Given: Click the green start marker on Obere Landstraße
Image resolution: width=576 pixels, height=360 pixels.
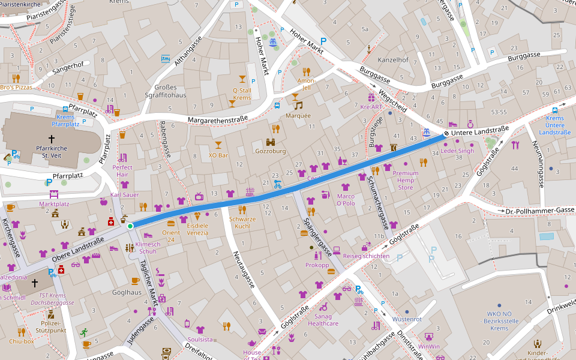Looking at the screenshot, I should tap(130, 226).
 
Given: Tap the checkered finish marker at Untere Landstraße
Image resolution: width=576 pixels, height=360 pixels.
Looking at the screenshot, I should tap(446, 133).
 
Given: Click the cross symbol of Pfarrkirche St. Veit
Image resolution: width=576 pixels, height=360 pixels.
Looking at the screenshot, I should tap(52, 139).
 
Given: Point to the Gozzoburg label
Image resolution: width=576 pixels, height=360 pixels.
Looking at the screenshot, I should tap(271, 151).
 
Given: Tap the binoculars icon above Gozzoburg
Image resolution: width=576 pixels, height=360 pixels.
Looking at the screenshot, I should tap(271, 142).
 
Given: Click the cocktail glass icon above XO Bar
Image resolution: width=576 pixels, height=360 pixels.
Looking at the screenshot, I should tap(218, 145).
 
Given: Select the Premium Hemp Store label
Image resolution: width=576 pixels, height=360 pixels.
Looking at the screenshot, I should tap(406, 180).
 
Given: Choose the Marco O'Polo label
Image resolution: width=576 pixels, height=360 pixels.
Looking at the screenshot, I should tap(346, 200).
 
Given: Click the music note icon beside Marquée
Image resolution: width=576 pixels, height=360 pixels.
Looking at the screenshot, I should tap(298, 106).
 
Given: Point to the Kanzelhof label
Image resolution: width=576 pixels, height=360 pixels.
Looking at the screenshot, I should tap(393, 60).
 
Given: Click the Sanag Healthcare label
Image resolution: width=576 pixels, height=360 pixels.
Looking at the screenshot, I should tap(323, 320).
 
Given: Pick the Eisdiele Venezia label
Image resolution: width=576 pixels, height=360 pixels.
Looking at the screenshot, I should tap(197, 229).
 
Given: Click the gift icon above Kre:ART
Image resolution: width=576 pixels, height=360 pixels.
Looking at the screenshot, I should tap(371, 97).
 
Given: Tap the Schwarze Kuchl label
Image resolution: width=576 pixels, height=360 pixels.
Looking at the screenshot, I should tap(242, 223).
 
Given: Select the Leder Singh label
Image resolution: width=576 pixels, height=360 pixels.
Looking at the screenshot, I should tap(457, 151).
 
